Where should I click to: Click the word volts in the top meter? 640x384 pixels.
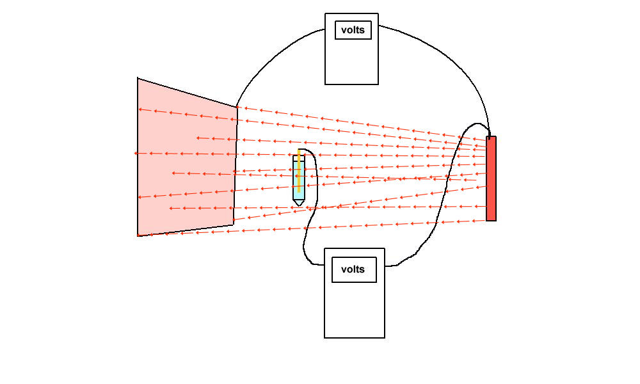click(353, 30)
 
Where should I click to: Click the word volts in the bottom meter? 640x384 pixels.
click(353, 269)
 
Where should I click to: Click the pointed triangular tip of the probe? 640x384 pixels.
click(299, 202)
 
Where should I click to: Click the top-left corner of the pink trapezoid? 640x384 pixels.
click(138, 79)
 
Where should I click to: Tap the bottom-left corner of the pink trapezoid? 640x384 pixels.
click(138, 236)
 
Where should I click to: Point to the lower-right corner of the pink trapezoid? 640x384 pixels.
click(234, 224)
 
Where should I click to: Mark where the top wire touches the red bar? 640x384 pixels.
click(490, 136)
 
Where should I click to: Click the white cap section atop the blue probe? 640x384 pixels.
click(299, 158)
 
